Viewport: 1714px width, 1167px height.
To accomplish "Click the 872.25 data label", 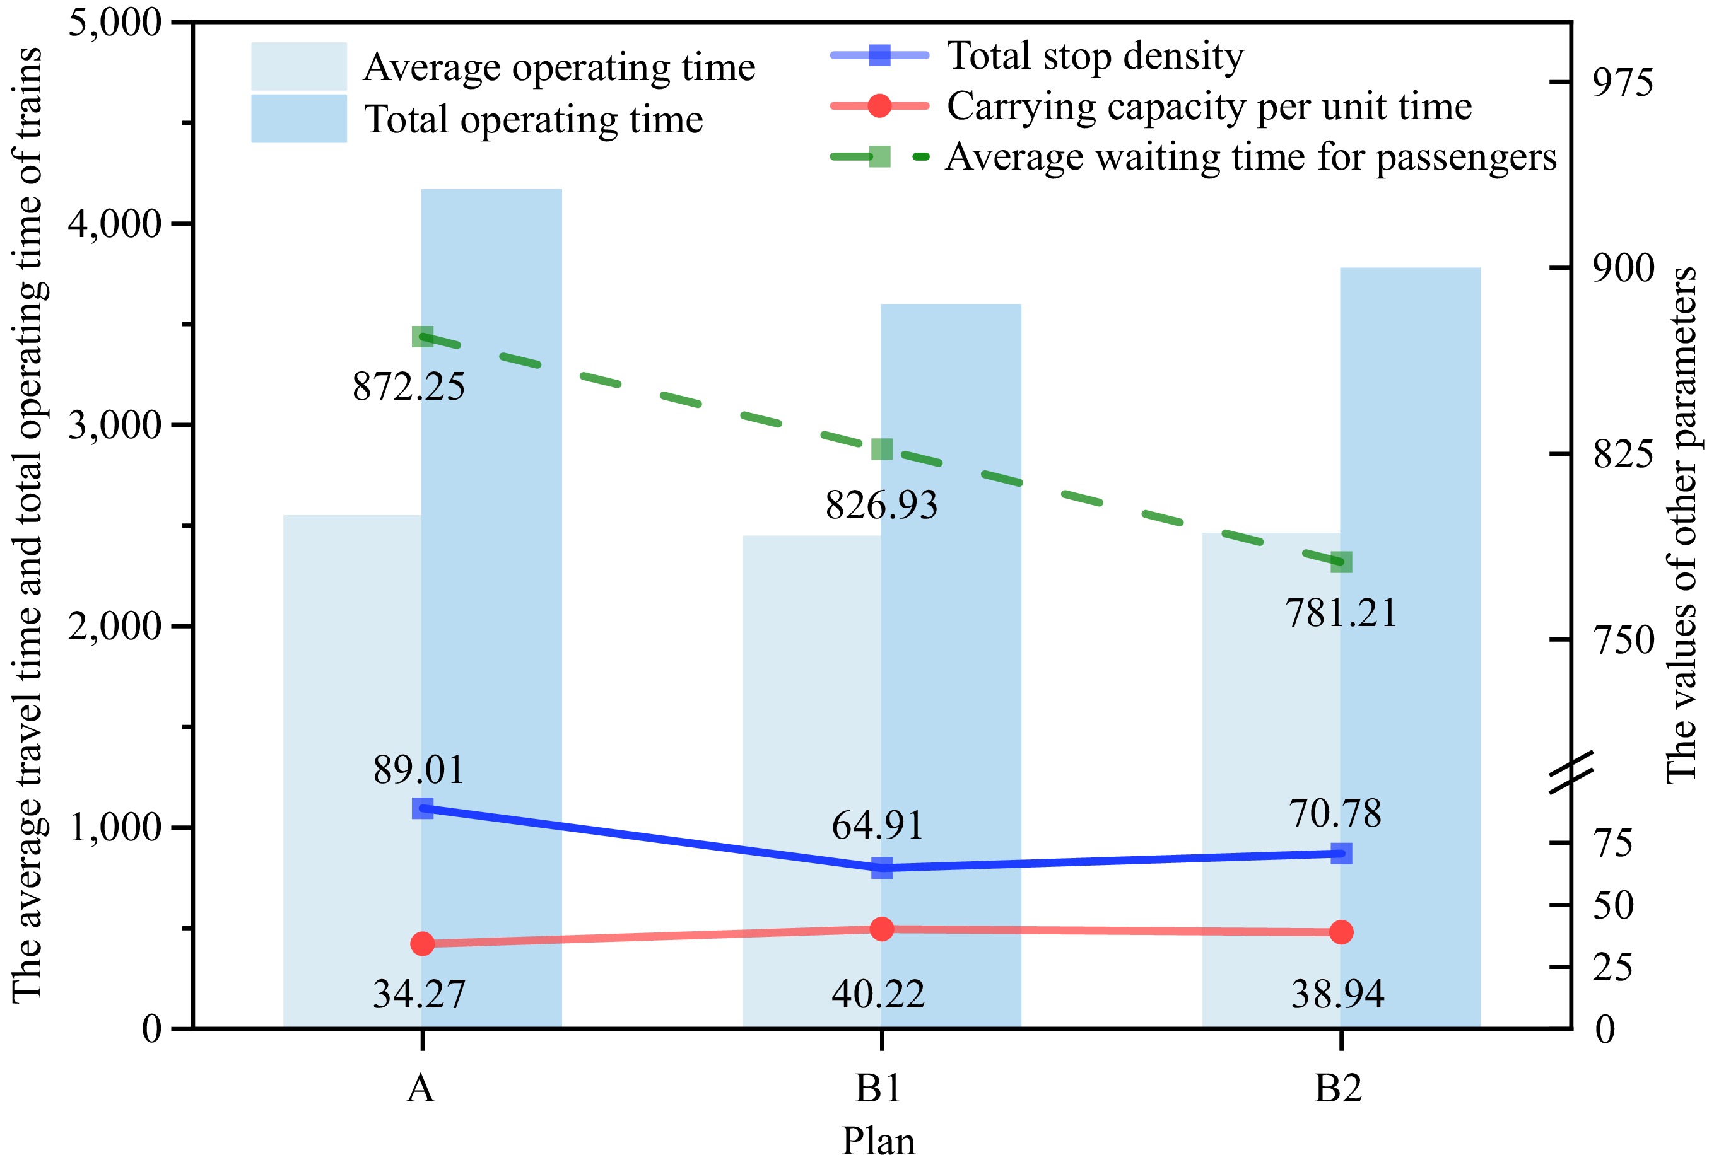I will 409,386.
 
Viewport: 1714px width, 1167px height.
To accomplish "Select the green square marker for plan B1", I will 882,449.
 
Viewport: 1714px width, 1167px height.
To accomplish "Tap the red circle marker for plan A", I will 422,944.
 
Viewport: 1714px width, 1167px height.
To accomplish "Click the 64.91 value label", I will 878,825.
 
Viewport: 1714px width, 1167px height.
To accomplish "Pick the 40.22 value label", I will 878,994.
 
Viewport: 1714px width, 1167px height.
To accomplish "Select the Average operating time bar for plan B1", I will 811,781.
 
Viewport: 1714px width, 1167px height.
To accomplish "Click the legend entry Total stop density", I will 1095,56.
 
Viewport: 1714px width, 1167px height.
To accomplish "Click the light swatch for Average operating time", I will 298,66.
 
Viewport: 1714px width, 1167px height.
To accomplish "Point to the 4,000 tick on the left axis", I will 114,224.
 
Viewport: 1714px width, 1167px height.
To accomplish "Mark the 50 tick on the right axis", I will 1613,905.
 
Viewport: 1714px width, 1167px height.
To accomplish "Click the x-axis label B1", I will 878,1088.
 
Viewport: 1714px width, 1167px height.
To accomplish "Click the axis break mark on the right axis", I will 1571,772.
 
